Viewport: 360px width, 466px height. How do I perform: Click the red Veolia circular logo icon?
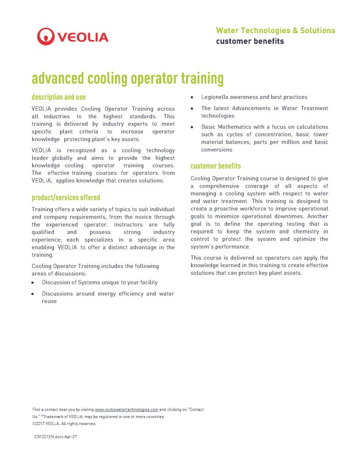[46, 36]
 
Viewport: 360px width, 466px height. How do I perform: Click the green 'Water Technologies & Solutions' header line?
[275, 30]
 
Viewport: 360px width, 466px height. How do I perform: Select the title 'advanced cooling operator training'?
[127, 78]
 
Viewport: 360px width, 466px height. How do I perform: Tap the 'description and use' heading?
[59, 97]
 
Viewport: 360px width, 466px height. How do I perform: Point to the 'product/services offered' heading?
[66, 198]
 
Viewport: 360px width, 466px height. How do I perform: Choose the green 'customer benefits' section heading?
[216, 166]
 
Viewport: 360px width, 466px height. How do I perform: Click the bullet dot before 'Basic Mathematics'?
[193, 127]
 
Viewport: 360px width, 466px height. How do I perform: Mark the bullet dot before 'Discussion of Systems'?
[33, 283]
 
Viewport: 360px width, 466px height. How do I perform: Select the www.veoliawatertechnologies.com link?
[127, 410]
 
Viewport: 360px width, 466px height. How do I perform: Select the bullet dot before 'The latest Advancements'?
[193, 108]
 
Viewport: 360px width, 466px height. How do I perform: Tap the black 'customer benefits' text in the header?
[250, 41]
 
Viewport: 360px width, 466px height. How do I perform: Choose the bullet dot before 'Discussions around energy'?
[33, 294]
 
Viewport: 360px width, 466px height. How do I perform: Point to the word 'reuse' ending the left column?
[49, 301]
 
